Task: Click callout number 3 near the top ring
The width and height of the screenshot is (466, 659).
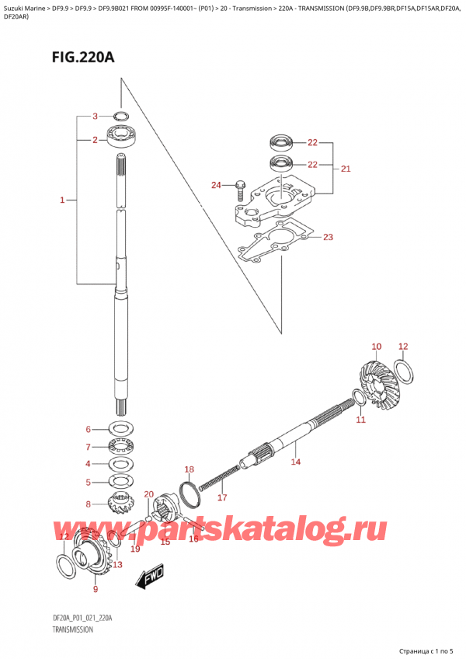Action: [x=94, y=117]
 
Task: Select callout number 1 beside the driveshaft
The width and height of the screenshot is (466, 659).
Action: [x=62, y=201]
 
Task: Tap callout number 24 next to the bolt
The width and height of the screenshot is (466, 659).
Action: [x=217, y=185]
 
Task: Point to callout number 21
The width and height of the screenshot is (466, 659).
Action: [x=346, y=168]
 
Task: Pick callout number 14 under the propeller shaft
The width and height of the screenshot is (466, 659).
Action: [x=295, y=462]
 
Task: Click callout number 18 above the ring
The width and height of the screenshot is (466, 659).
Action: [x=189, y=469]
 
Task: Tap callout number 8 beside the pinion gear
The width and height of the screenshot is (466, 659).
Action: [x=89, y=504]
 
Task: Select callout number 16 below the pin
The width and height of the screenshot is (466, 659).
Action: [x=194, y=539]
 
